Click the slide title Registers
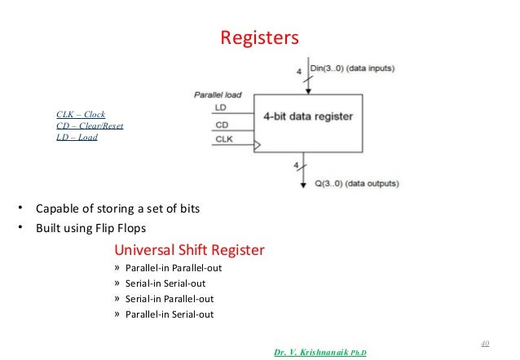pyautogui.click(x=260, y=38)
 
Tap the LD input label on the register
pyautogui.click(x=221, y=108)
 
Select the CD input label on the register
pyautogui.click(x=222, y=125)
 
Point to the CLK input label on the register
pyautogui.click(x=224, y=140)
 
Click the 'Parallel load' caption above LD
pyautogui.click(x=217, y=94)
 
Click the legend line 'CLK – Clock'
pyautogui.click(x=81, y=114)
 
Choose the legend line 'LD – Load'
pyautogui.click(x=77, y=137)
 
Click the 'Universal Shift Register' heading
pyautogui.click(x=189, y=249)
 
